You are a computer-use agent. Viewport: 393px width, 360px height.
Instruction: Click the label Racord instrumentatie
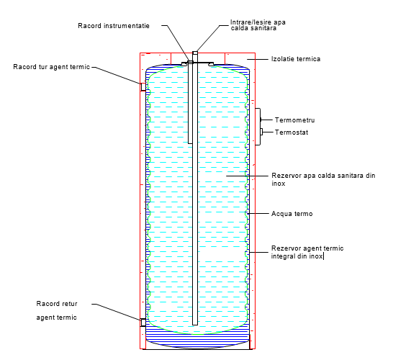114,26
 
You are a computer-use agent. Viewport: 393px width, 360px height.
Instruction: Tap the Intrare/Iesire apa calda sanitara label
258,25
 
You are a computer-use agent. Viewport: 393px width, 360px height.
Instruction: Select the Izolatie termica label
296,59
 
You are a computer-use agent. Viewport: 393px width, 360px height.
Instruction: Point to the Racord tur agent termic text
51,67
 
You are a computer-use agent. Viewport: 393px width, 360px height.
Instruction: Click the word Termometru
294,120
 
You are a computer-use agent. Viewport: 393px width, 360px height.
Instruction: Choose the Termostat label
292,132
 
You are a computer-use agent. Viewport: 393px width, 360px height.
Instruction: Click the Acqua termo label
292,214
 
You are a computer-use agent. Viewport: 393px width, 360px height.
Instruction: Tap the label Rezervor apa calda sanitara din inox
323,179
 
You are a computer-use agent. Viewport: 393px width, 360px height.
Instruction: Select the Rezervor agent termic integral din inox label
307,252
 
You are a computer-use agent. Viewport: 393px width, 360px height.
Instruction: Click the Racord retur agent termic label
57,310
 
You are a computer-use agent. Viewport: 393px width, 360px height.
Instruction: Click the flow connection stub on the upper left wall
143,86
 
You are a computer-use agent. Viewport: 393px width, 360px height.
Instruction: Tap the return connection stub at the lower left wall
143,323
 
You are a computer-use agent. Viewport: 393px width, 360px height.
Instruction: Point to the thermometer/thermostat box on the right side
258,127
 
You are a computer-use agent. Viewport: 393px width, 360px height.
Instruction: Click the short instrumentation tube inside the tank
190,102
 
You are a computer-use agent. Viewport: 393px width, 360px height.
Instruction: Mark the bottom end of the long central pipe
195,325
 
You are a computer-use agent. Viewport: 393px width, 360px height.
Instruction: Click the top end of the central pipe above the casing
195,52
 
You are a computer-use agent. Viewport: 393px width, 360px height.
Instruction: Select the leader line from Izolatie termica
258,59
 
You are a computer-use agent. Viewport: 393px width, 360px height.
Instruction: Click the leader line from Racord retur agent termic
116,312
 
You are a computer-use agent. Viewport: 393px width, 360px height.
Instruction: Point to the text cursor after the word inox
324,256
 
